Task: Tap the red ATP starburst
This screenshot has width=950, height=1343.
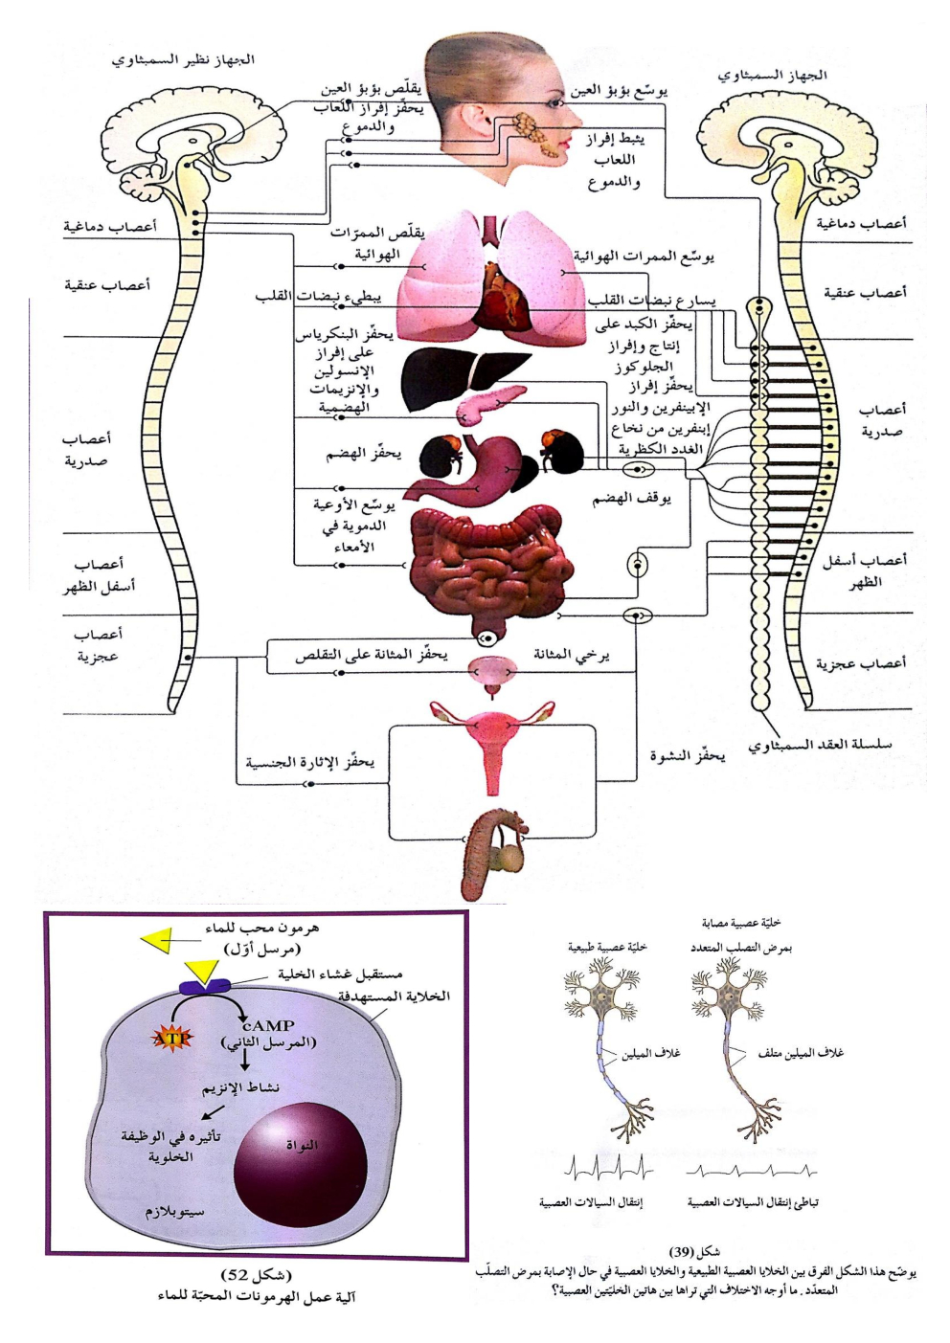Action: click(x=172, y=1037)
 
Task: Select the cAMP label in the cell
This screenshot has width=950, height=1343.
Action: click(x=268, y=1025)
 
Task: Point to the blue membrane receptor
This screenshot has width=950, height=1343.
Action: click(x=202, y=984)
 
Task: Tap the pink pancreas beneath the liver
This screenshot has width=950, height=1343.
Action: click(x=488, y=404)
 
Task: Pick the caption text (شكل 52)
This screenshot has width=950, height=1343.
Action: click(x=256, y=1276)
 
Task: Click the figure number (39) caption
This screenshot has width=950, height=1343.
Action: click(x=695, y=1251)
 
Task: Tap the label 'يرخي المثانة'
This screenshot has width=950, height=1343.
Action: click(x=572, y=656)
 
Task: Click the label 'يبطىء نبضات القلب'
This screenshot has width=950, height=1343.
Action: click(x=319, y=297)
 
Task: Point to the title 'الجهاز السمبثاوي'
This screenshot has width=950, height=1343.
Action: click(x=773, y=75)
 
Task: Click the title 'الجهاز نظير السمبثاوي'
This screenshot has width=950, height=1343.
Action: click(x=183, y=59)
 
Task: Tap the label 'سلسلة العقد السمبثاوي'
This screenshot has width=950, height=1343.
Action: click(x=820, y=744)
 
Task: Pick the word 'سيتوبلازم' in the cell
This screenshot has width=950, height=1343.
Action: click(x=175, y=1211)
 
